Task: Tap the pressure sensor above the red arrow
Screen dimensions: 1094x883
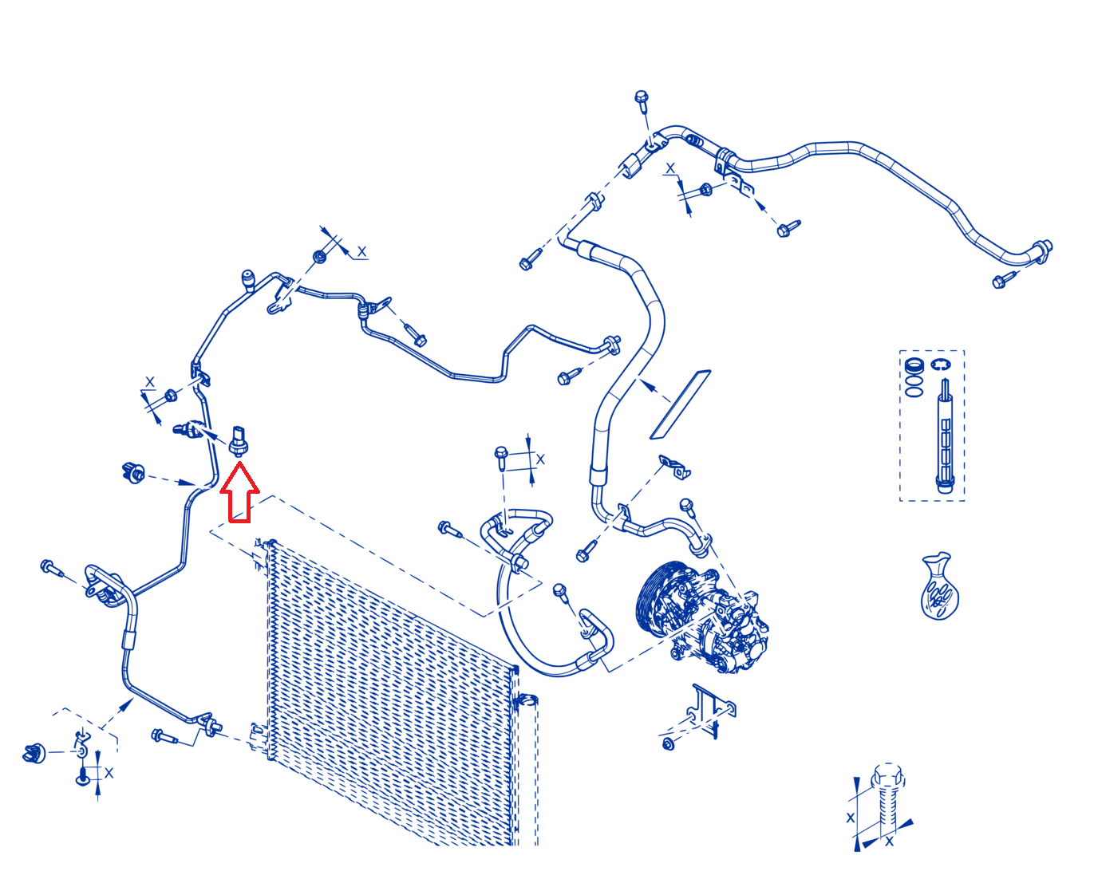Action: click(x=238, y=440)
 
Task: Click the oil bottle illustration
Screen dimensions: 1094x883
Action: click(x=939, y=585)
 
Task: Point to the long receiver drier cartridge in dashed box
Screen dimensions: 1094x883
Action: click(x=944, y=436)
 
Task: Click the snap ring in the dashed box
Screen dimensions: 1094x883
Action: click(x=940, y=365)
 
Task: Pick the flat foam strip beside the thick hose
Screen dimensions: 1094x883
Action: click(x=680, y=404)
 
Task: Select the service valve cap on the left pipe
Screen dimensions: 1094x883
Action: click(x=248, y=280)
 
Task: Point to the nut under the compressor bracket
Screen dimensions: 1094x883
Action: click(x=668, y=743)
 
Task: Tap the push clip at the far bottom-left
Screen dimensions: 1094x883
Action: click(x=34, y=753)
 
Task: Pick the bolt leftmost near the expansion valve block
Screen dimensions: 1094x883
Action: click(x=51, y=567)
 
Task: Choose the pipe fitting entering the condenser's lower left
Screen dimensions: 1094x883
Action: click(x=211, y=725)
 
